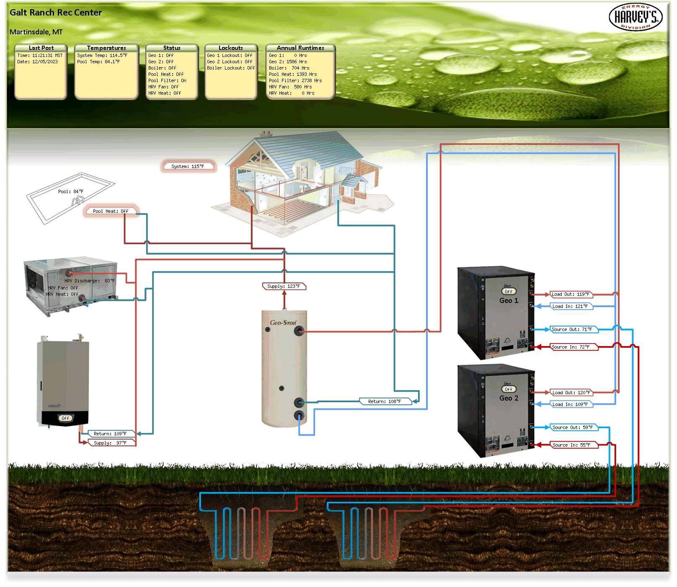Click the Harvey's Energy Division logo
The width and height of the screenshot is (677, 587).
(x=636, y=17)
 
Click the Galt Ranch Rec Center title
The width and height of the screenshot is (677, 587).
(x=56, y=13)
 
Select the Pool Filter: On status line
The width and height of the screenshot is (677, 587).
(x=167, y=80)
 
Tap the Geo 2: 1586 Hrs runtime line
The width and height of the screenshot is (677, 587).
(x=288, y=62)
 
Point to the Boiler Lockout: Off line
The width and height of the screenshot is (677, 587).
(x=231, y=68)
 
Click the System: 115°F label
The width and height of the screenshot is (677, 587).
(x=188, y=166)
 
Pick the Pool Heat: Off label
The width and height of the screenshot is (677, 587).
(x=111, y=211)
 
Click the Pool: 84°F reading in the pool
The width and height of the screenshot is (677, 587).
(x=71, y=191)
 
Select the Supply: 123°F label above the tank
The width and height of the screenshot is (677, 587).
(x=284, y=286)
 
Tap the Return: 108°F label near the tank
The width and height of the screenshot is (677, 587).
(x=385, y=401)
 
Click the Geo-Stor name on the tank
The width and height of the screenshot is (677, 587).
(x=283, y=323)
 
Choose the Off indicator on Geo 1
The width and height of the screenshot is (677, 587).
(x=509, y=292)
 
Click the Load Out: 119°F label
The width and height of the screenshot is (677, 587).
(x=571, y=294)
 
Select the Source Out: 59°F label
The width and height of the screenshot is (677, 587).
(x=573, y=427)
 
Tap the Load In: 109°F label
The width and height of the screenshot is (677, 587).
(x=570, y=404)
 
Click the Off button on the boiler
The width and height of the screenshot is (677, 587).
(x=65, y=418)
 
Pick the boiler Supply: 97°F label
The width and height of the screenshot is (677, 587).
(x=110, y=443)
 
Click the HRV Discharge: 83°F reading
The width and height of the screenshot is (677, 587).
(x=90, y=281)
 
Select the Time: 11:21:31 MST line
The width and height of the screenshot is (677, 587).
(x=40, y=55)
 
